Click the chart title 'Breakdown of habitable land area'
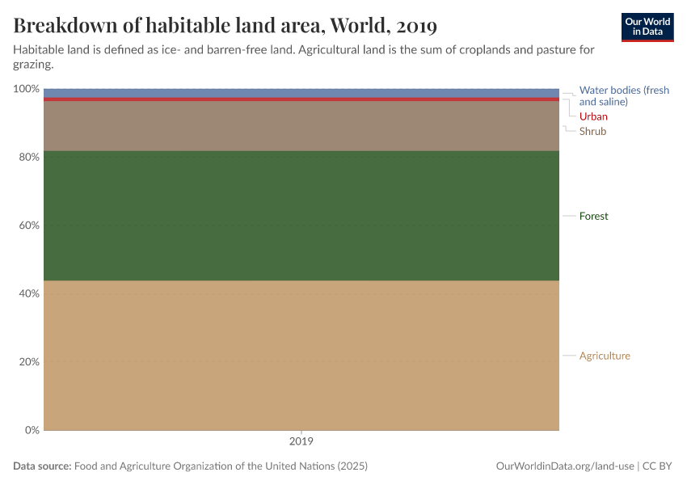point(225,26)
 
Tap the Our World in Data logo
point(647,27)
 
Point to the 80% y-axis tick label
point(28,157)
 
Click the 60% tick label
point(28,225)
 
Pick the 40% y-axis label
point(28,293)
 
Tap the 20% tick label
point(28,361)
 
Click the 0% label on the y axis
point(31,430)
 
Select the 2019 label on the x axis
point(301,442)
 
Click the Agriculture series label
point(605,356)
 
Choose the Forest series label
point(593,216)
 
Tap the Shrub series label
point(592,131)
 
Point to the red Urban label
point(593,116)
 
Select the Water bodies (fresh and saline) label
point(624,96)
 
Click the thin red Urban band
point(301,99)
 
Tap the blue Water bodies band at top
point(301,93)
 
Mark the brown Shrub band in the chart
point(301,126)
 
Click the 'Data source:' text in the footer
point(42,466)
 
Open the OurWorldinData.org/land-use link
point(563,466)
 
